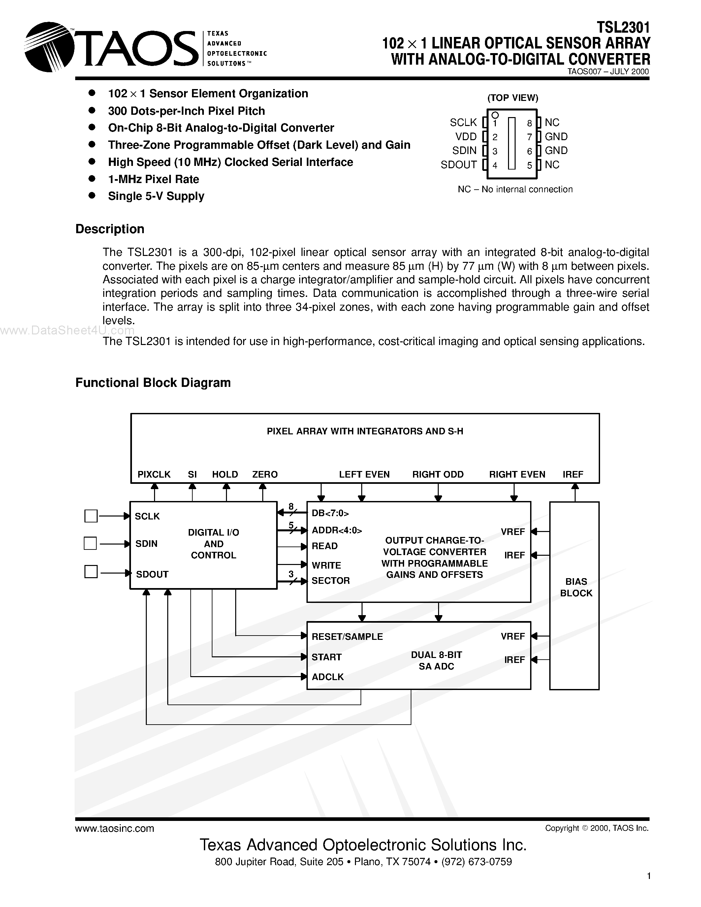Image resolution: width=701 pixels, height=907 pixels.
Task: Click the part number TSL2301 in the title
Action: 623,27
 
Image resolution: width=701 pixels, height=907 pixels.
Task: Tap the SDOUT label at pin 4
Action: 459,165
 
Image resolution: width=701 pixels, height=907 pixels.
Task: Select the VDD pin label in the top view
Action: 466,137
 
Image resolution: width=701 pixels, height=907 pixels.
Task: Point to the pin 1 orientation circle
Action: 494,115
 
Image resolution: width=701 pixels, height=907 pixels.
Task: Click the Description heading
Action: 110,229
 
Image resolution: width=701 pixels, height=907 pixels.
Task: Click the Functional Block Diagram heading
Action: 153,383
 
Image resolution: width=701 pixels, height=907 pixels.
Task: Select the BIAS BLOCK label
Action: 576,587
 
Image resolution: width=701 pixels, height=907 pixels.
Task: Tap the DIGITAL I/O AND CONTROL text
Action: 213,544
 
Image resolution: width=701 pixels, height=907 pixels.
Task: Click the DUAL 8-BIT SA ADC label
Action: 436,660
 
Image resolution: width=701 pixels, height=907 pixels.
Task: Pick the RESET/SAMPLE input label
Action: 347,637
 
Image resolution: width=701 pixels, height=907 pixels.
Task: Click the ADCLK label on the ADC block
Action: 328,677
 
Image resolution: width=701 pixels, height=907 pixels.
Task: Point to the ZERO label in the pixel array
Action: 265,474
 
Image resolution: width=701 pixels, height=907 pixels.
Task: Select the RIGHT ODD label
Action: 438,474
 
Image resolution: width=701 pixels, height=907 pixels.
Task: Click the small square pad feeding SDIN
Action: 90,543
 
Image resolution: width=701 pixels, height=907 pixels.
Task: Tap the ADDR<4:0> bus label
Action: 337,530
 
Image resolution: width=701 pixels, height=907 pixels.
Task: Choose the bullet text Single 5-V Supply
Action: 156,196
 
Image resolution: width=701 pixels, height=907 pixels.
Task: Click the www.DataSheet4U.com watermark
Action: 67,330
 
